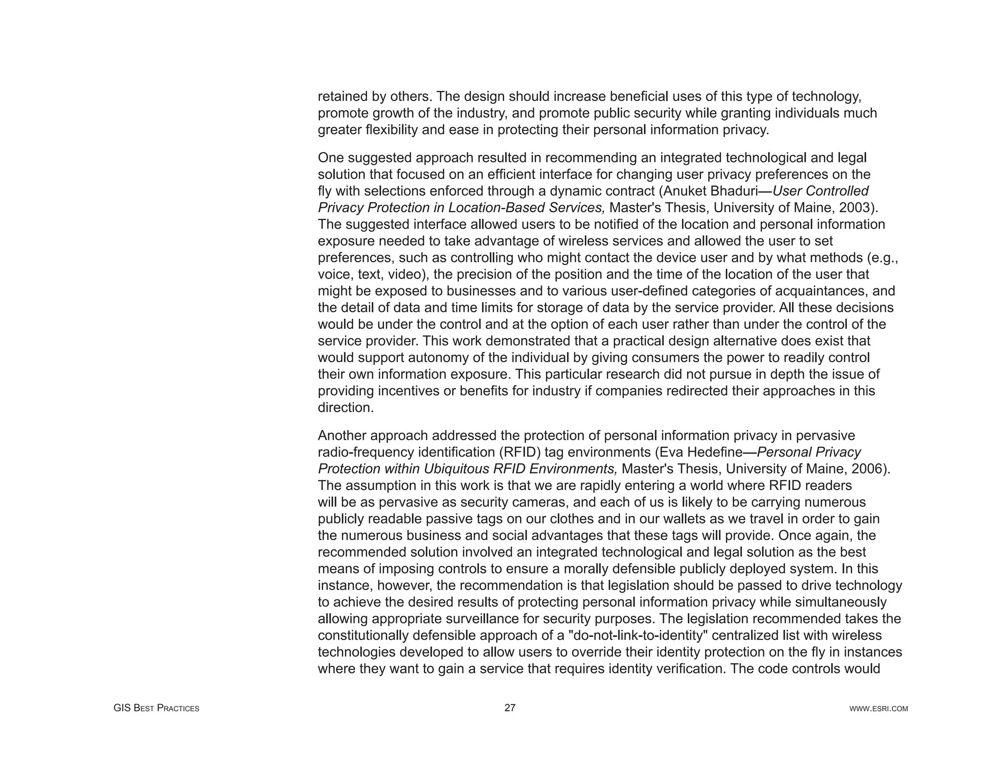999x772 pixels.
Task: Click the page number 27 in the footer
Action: [x=510, y=708]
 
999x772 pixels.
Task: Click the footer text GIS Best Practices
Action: [x=156, y=708]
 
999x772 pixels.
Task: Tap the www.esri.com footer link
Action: [x=879, y=709]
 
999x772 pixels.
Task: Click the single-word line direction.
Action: [x=345, y=408]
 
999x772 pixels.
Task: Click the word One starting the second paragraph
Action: [x=331, y=158]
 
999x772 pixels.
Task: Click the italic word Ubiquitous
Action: [x=457, y=469]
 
